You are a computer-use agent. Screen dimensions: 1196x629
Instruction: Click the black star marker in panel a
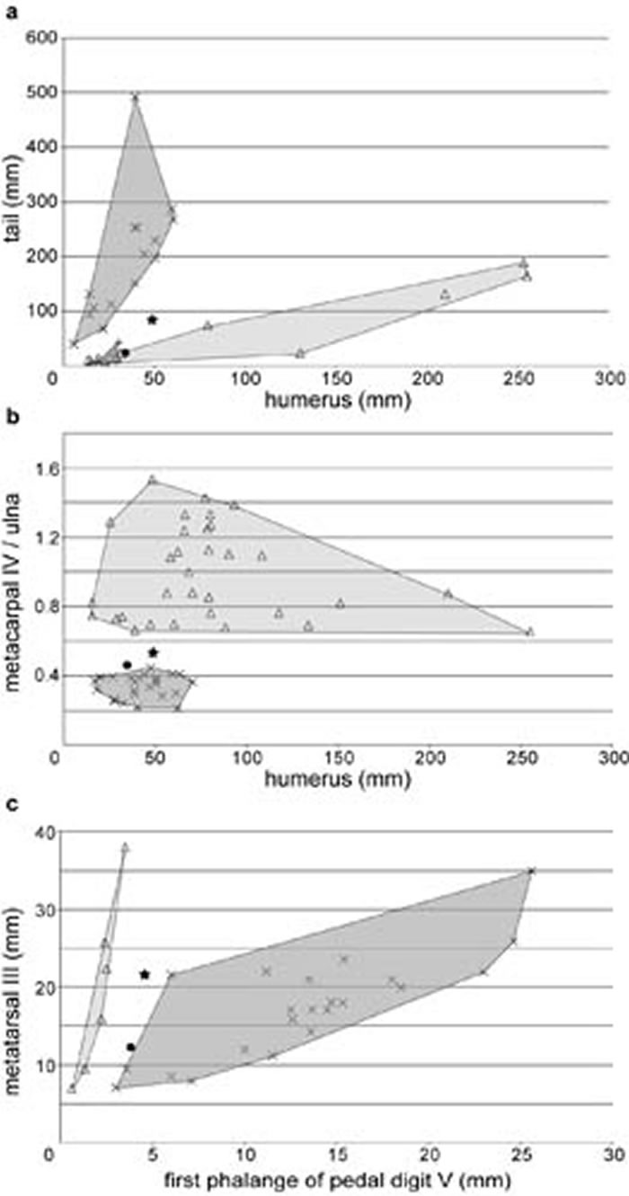point(153,320)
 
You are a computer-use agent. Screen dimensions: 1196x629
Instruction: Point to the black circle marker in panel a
point(126,352)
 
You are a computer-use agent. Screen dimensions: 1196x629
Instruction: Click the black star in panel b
point(153,652)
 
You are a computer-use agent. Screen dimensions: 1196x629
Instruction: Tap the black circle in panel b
point(128,664)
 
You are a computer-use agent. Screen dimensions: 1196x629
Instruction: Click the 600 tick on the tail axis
point(40,38)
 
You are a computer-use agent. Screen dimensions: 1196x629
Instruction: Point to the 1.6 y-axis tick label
point(37,468)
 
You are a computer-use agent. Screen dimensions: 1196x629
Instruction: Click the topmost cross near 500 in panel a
point(136,96)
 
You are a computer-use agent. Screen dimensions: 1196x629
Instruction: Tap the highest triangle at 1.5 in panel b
point(153,479)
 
